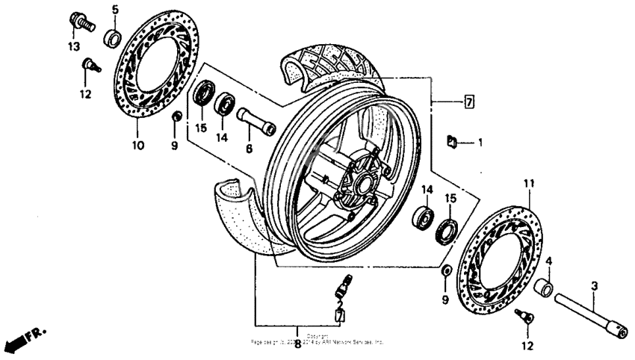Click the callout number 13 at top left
pyautogui.click(x=75, y=46)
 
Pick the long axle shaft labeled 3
pyautogui.click(x=590, y=314)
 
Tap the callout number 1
pyautogui.click(x=480, y=140)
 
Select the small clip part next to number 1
pyautogui.click(x=453, y=140)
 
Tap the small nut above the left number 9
pyautogui.click(x=176, y=117)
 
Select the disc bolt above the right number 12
pyautogui.click(x=526, y=318)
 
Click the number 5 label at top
pyautogui.click(x=115, y=10)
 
